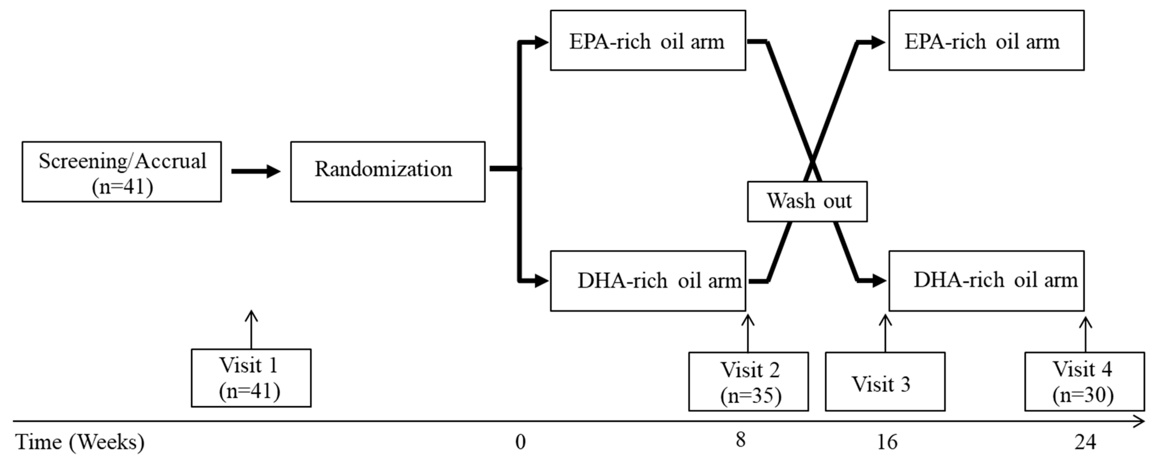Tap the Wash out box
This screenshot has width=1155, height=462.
tap(807, 201)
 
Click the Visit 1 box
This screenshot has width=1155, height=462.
tap(251, 378)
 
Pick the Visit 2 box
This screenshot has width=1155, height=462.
tap(748, 381)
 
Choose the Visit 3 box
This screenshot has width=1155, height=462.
tap(885, 381)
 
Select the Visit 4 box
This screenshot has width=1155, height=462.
tap(1084, 381)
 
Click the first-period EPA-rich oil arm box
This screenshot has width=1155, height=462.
tap(648, 41)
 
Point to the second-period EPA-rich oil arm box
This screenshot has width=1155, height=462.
tap(986, 41)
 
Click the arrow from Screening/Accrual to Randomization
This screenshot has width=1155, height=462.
tap(256, 171)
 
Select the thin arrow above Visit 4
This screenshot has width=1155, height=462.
tap(1085, 334)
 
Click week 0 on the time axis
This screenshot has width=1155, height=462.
tap(520, 442)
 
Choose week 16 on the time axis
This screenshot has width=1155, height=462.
tap(887, 442)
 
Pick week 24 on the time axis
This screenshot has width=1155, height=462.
tap(1085, 442)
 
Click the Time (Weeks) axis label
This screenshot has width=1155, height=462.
tap(80, 442)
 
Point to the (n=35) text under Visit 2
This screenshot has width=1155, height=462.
tap(750, 395)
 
